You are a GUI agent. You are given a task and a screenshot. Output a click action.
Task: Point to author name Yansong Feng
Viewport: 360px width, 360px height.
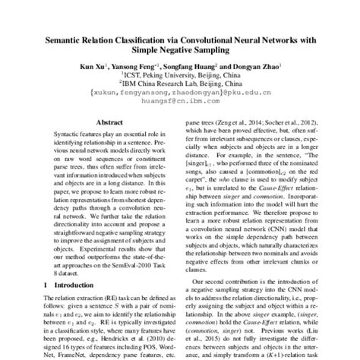click(137, 67)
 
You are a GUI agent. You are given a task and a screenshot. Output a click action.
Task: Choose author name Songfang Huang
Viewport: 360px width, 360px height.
click(191, 67)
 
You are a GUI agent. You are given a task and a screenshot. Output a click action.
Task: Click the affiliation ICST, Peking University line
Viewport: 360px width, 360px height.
click(179, 76)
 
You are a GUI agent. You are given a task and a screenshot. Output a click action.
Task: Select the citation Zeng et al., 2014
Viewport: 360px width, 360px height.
click(240, 121)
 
